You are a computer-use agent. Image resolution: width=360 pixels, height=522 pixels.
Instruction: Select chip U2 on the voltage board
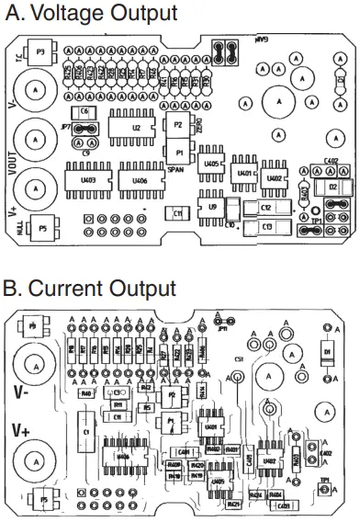[136, 128]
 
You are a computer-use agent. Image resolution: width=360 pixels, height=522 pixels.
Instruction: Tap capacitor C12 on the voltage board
[265, 209]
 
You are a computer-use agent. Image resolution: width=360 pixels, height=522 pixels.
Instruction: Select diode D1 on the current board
[326, 352]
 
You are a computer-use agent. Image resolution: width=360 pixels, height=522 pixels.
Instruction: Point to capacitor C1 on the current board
[84, 431]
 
